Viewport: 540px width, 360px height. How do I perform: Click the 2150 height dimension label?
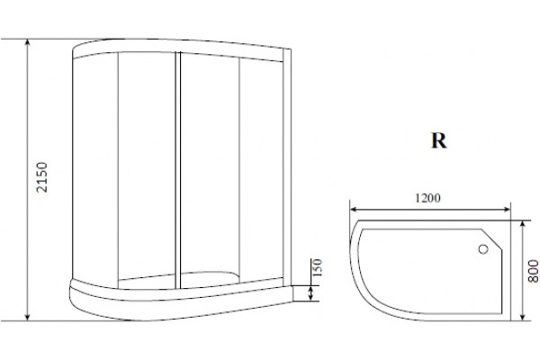pyautogui.click(x=42, y=177)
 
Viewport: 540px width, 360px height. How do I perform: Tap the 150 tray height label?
pyautogui.click(x=317, y=267)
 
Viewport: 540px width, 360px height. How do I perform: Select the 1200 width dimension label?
pyautogui.click(x=427, y=198)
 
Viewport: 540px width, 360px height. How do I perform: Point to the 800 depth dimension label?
pyautogui.click(x=533, y=272)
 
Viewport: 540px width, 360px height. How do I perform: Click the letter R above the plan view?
pyautogui.click(x=439, y=140)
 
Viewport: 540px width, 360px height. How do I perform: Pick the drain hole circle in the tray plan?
pyautogui.click(x=483, y=249)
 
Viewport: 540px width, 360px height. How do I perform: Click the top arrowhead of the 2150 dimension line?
pyautogui.click(x=28, y=42)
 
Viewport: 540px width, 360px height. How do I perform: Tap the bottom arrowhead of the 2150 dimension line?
pyautogui.click(x=28, y=318)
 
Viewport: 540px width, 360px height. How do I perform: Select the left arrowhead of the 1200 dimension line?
pyautogui.click(x=354, y=209)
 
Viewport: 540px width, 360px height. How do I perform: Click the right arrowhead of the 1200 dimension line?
pyautogui.click(x=507, y=209)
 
